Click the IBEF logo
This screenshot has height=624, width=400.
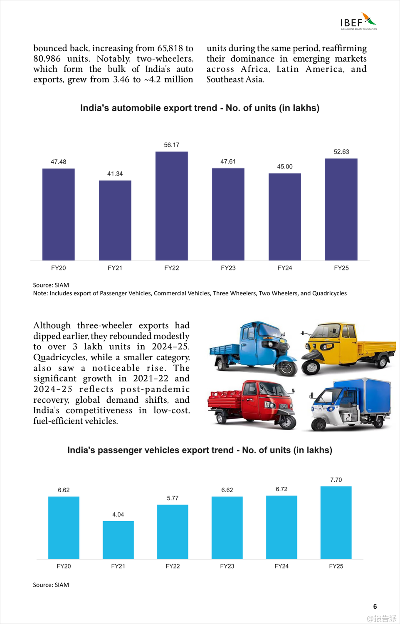point(358,21)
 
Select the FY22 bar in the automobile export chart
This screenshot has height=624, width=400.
point(171,206)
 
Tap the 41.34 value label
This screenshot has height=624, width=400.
point(115,173)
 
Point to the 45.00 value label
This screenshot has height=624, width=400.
point(284,166)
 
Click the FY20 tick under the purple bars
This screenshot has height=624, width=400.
point(58,268)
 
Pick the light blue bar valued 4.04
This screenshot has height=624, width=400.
point(118,540)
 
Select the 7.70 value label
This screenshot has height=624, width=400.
point(336,480)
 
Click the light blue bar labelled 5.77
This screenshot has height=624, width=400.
point(173,532)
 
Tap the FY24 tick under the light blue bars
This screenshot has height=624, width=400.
point(281,566)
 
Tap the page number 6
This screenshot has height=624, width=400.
point(375,607)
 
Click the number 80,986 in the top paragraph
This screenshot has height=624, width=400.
point(47,59)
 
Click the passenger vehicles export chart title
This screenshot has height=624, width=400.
point(200,450)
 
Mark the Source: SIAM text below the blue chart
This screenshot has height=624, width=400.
point(51,585)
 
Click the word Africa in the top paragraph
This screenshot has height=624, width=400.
point(255,69)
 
